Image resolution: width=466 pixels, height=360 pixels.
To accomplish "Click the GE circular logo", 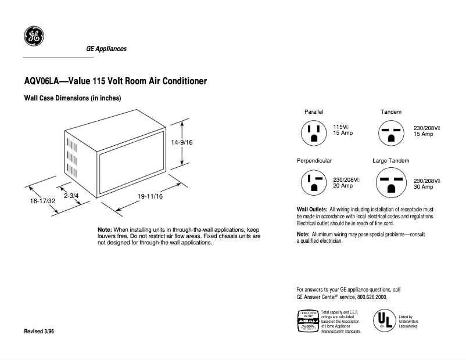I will tap(34, 36).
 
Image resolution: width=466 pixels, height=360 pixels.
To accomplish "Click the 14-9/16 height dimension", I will tap(182, 142).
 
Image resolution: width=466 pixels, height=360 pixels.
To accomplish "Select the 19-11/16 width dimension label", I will tap(150, 197).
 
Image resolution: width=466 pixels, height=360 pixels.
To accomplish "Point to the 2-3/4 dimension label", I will tap(71, 196).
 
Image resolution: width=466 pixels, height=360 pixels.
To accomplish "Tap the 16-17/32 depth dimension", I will tap(42, 201).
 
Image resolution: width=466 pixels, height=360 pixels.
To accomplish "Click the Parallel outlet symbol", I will tap(314, 133).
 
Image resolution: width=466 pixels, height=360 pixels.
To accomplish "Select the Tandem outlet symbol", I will tap(390, 133).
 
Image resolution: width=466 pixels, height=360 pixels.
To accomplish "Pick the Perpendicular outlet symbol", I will tap(314, 182).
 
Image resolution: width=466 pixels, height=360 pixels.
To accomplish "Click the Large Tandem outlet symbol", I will tap(390, 183).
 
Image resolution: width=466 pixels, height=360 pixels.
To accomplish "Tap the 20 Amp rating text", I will tap(343, 186).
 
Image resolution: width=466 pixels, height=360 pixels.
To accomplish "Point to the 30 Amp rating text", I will tap(423, 187).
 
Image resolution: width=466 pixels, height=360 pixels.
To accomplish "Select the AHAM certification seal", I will tap(307, 321).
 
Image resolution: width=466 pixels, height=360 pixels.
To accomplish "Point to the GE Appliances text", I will tap(106, 49).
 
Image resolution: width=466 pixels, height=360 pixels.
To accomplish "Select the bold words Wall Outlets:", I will tap(312, 209).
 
